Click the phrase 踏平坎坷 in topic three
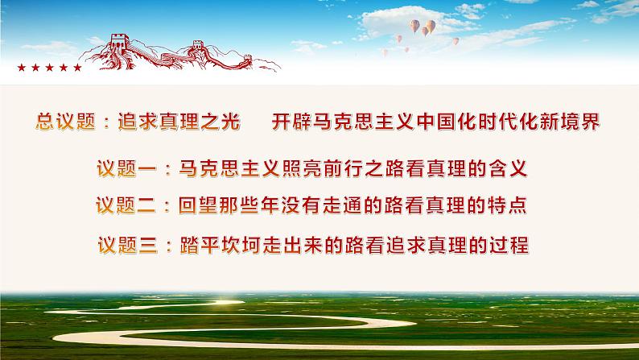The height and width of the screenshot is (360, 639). pyautogui.click(x=234, y=244)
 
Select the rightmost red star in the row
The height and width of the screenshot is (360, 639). pyautogui.click(x=77, y=68)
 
